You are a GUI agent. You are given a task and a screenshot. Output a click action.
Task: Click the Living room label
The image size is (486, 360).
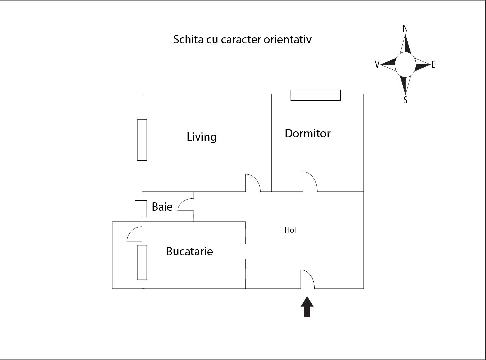pos(202,137)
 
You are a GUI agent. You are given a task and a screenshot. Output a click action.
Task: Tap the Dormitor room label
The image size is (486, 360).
pos(307,133)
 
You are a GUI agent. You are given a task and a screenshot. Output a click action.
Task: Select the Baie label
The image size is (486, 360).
pos(162,207)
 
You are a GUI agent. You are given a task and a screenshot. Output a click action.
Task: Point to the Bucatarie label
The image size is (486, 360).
pos(189,251)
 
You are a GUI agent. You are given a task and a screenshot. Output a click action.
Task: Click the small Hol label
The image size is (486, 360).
pos(290,230)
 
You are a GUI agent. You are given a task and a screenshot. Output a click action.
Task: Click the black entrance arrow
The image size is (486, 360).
pos(307,307)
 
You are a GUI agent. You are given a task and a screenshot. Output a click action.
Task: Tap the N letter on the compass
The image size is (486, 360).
pos(405,29)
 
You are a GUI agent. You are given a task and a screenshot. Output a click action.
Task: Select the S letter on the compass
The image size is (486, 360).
pos(405,100)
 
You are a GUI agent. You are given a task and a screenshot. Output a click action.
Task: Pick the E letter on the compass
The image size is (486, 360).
pos(433,65)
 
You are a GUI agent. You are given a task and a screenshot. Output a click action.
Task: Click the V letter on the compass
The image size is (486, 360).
pos(377,65)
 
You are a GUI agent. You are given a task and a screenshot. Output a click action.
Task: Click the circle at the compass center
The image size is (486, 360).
pos(405,64)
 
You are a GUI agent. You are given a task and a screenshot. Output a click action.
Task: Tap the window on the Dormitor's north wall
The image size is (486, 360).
pos(315,95)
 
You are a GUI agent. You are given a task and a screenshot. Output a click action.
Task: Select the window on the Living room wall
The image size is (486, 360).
pos(142,140)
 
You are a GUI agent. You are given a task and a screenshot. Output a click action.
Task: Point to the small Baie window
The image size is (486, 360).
pos(141,209)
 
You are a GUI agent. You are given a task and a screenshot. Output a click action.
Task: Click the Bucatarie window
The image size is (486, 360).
pos(142,263)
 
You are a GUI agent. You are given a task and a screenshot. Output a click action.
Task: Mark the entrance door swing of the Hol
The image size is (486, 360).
pos(307,279)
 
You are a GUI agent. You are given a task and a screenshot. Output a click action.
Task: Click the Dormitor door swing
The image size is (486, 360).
pos(310,182)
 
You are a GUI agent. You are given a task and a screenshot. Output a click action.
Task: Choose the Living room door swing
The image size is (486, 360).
pos(252,183)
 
